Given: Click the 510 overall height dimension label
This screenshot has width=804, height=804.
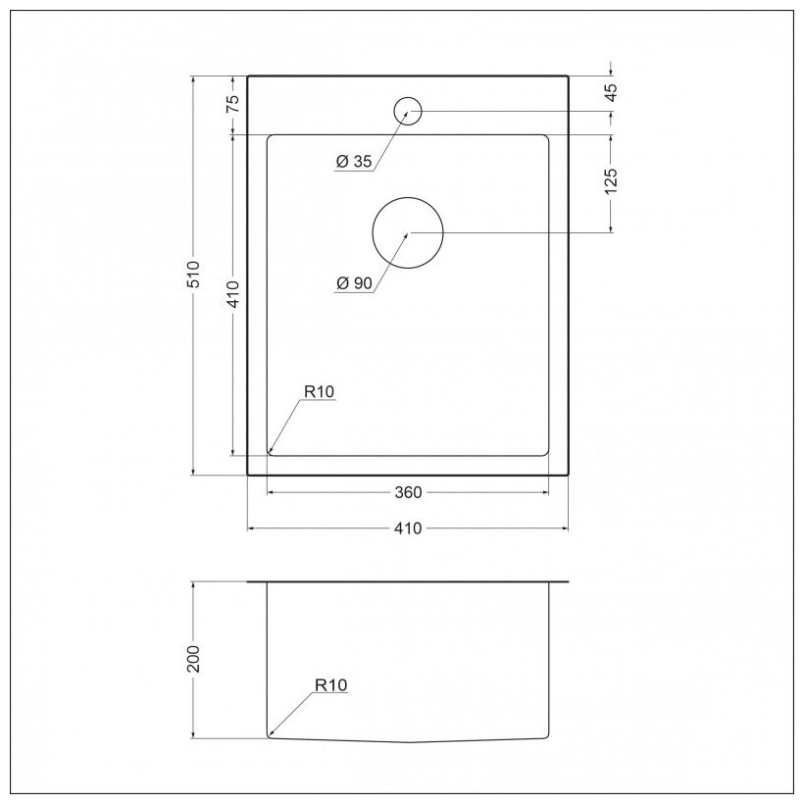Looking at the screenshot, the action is pyautogui.click(x=194, y=274).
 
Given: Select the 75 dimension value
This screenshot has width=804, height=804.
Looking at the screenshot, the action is pyautogui.click(x=232, y=105).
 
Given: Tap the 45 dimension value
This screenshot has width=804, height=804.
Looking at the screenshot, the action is pyautogui.click(x=611, y=93).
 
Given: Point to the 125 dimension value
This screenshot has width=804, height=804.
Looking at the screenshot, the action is pyautogui.click(x=611, y=181).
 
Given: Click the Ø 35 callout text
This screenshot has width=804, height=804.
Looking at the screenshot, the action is pyautogui.click(x=353, y=162).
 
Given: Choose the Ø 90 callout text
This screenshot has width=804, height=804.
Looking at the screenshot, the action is pyautogui.click(x=354, y=283).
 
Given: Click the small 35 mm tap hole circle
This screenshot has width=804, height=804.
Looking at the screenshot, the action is pyautogui.click(x=408, y=111).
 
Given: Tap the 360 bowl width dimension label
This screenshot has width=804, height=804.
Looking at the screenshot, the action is pyautogui.click(x=408, y=492).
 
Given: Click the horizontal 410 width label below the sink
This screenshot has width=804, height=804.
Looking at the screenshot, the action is pyautogui.click(x=408, y=528).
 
